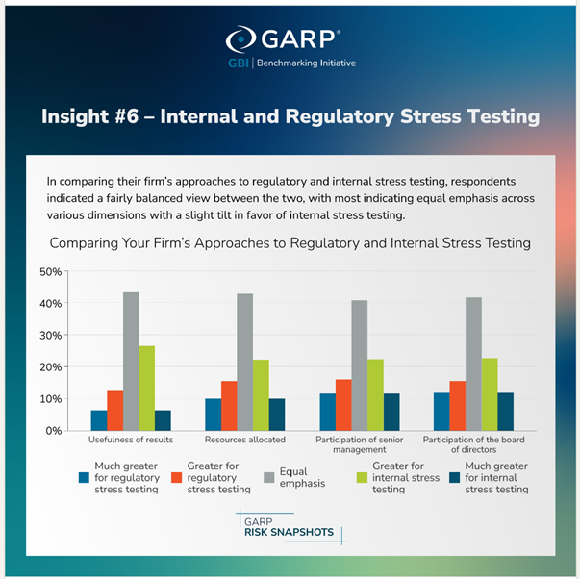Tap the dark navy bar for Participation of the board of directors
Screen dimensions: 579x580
point(505,412)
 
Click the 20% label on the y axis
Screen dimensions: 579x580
point(50,367)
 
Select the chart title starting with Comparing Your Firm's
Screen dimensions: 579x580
point(290,242)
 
